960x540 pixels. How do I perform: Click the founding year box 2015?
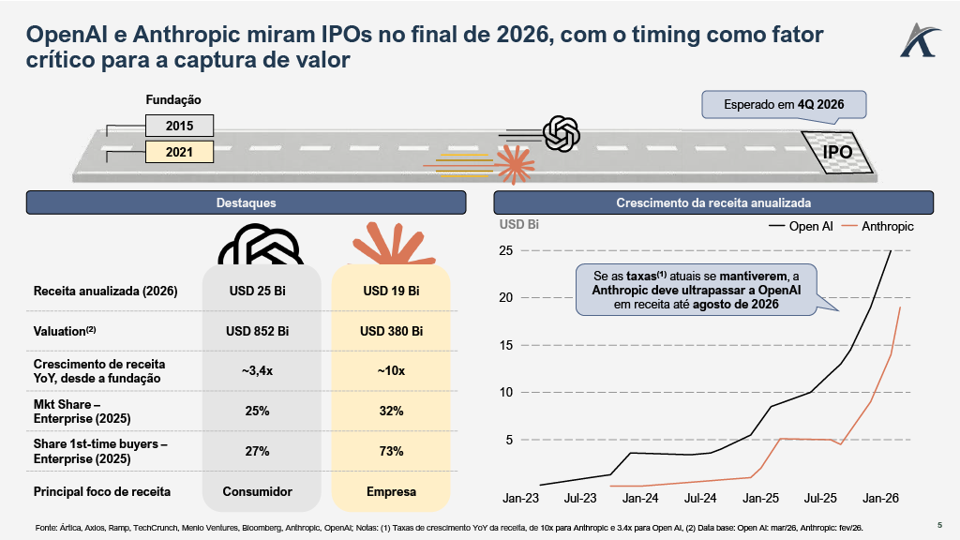179,126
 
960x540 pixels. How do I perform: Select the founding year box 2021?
179,151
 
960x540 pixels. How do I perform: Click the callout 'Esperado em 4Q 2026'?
784,104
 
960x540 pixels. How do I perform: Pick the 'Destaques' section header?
246,202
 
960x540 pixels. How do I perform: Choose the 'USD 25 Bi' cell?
257,291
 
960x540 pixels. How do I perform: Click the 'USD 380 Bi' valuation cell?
391,331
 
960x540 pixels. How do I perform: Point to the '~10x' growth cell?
391,371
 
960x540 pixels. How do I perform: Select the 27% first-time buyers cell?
257,451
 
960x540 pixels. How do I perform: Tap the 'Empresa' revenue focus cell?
391,491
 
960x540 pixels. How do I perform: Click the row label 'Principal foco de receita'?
102,491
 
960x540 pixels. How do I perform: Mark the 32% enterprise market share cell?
391,411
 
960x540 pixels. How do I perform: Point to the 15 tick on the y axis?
505,345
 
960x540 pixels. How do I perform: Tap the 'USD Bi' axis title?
519,225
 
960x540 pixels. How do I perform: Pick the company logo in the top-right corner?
916,38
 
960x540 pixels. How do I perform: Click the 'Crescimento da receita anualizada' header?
713,202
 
